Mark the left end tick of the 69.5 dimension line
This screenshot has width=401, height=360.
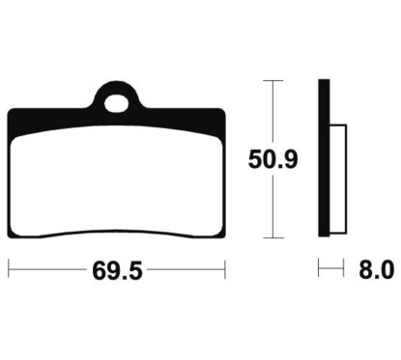8,271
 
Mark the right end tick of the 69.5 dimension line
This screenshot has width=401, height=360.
226,271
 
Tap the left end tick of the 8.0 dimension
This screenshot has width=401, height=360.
320,271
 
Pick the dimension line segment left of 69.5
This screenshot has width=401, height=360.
48,271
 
